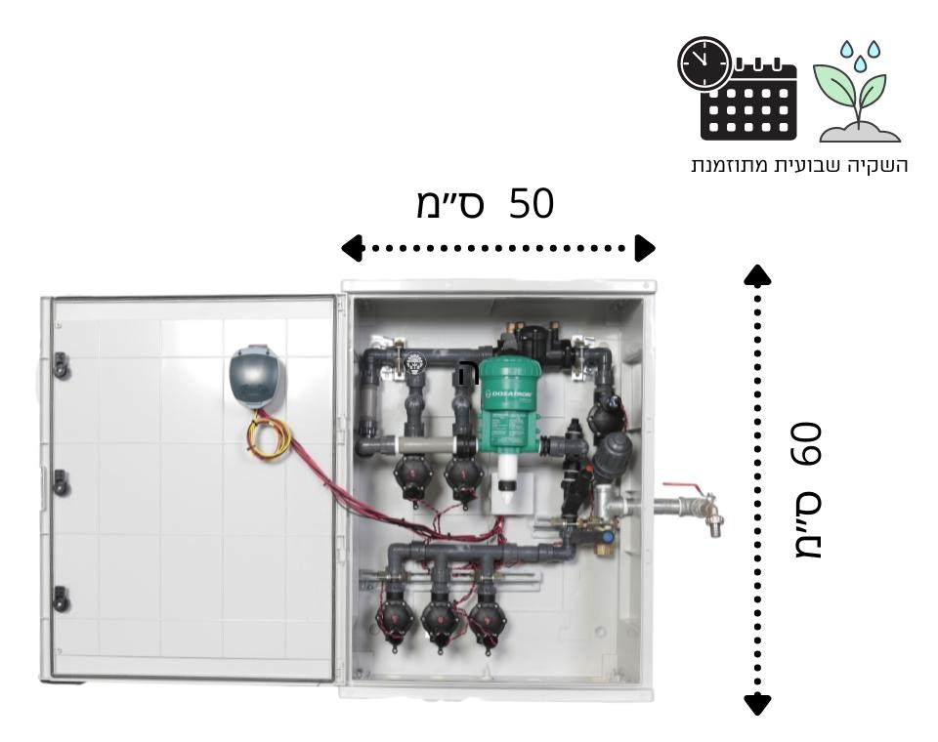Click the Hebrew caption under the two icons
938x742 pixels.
799,165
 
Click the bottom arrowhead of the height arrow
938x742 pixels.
758,703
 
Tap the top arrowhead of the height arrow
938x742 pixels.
758,275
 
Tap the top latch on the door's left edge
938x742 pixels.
61,363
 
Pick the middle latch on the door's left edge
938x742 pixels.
61,480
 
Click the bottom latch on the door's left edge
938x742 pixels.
61,597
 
